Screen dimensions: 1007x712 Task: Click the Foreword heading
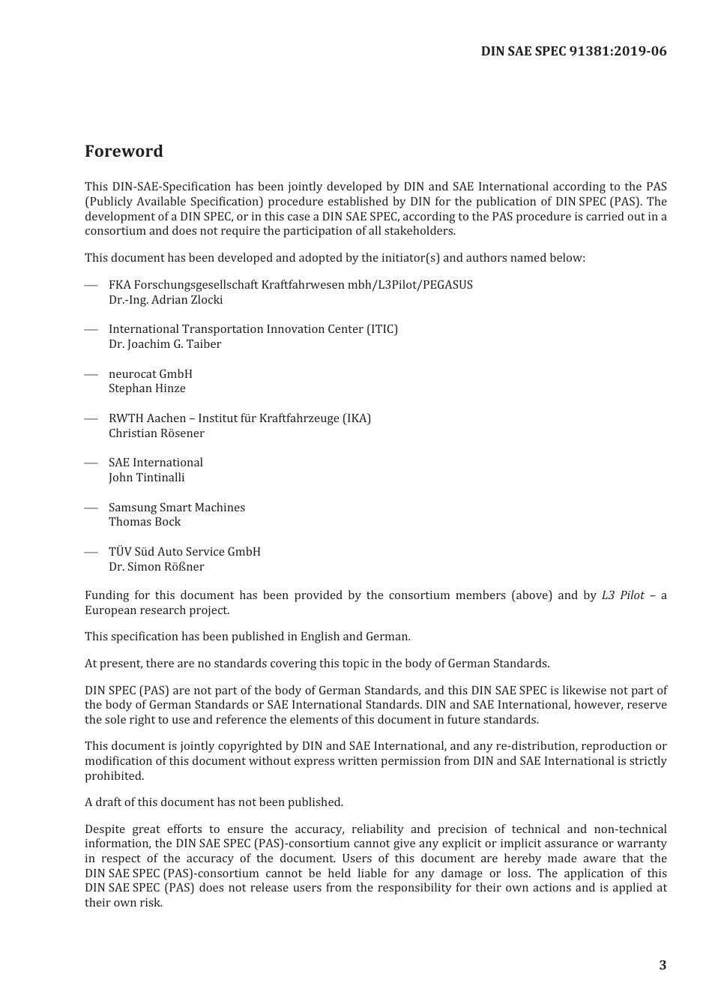(x=124, y=151)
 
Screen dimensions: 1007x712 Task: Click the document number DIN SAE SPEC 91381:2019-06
(x=573, y=51)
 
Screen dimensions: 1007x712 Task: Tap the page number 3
(x=662, y=965)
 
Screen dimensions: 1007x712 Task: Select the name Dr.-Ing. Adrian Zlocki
(x=166, y=300)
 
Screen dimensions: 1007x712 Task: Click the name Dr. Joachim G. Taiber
(x=165, y=344)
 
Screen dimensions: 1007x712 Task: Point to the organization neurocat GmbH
(x=150, y=373)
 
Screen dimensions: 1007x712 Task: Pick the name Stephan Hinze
(x=147, y=388)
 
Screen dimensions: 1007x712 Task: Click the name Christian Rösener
(x=156, y=433)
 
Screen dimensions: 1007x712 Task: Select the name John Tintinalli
(x=146, y=478)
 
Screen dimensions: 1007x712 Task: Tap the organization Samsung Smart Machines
(x=177, y=508)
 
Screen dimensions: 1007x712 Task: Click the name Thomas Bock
(x=145, y=522)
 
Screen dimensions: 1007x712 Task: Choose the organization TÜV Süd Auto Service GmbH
(x=184, y=552)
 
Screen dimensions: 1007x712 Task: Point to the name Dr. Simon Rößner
(x=156, y=567)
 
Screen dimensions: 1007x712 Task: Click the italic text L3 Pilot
(x=622, y=595)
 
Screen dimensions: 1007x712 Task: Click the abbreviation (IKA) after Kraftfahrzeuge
(x=356, y=418)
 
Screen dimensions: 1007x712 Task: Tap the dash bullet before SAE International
(x=91, y=463)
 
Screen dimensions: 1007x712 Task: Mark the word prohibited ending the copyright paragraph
(x=114, y=776)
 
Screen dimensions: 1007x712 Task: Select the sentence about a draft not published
(x=214, y=802)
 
